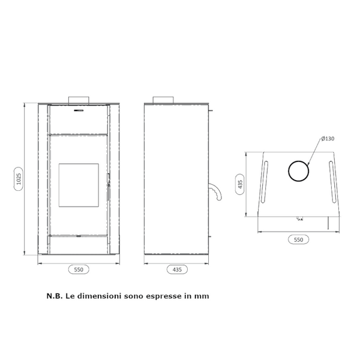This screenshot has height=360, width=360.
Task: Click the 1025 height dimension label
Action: coord(19,179)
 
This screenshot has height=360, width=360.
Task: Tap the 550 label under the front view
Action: coord(79,269)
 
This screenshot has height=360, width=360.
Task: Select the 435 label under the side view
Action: coord(177,269)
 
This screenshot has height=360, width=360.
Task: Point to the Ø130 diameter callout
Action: coord(328,139)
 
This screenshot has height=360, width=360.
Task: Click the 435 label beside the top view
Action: coord(240,184)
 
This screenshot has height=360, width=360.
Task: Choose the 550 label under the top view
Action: coord(298,239)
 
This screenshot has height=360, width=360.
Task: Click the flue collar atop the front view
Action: coord(79,100)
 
